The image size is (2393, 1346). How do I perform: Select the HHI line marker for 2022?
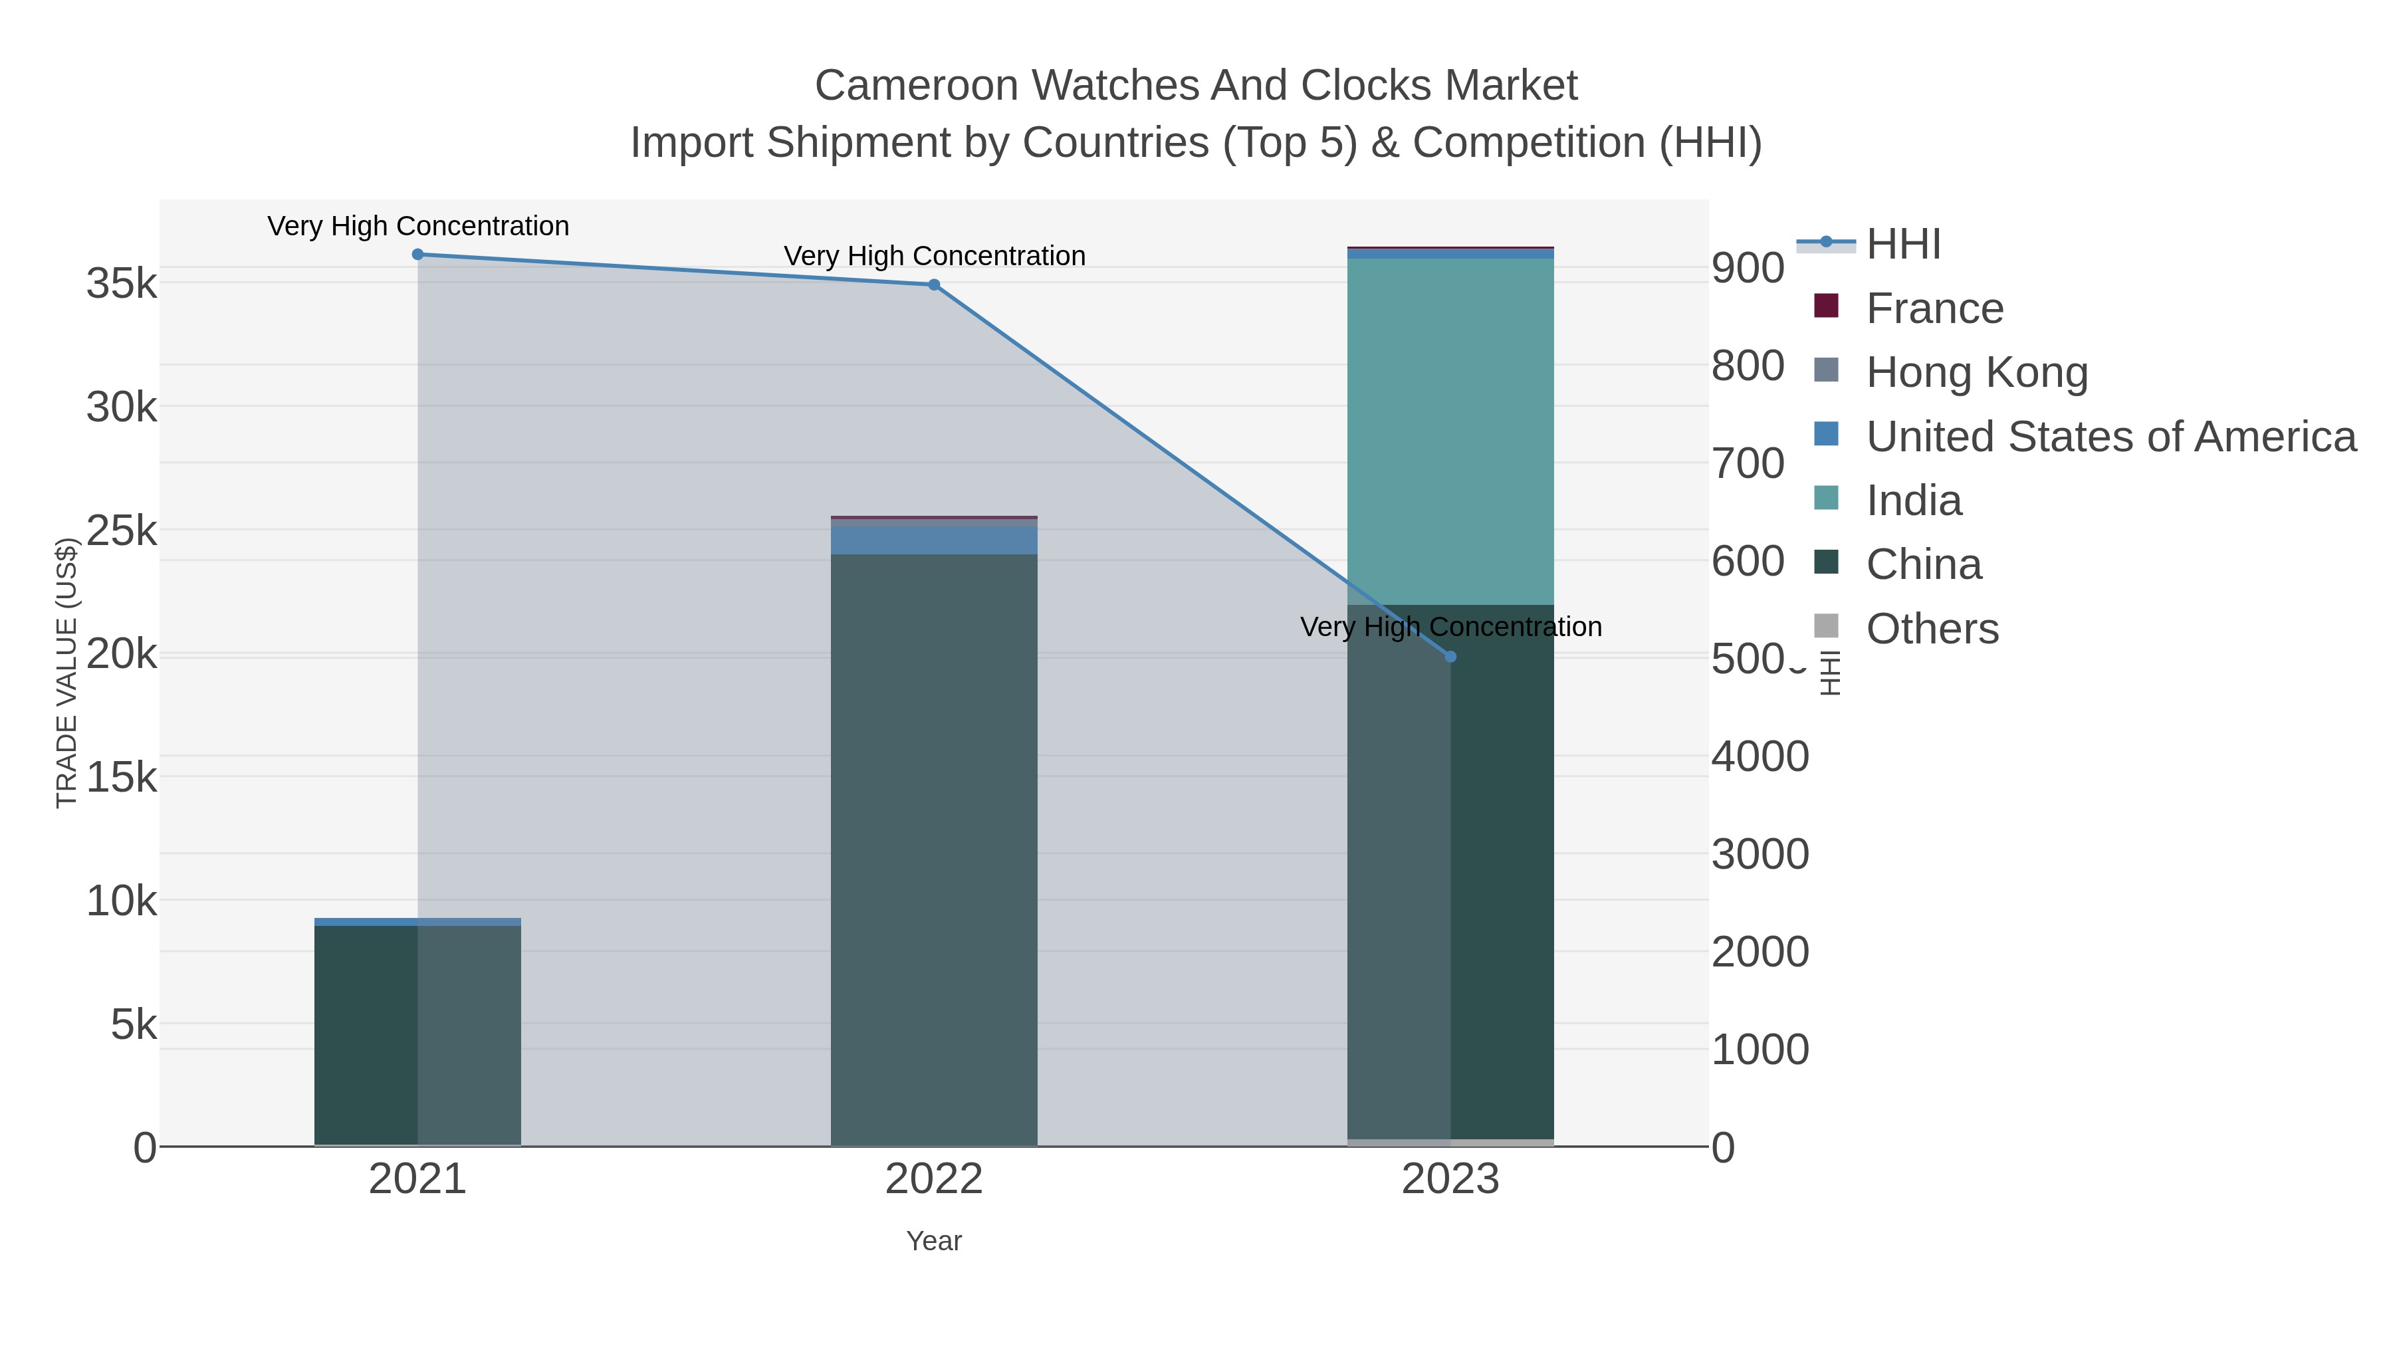tap(934, 285)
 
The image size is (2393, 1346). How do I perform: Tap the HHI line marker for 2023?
tap(1451, 657)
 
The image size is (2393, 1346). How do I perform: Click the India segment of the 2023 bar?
tap(1450, 432)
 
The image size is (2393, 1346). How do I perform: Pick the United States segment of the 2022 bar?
tap(934, 540)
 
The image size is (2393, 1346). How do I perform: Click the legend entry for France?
tap(1934, 308)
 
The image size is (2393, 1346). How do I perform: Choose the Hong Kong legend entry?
tap(1976, 372)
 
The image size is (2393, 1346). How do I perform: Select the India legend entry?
tap(1914, 501)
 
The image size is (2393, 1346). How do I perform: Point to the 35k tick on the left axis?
tap(122, 283)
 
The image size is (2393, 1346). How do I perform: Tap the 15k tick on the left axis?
tap(122, 776)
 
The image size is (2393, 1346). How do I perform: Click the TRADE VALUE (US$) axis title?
tap(67, 673)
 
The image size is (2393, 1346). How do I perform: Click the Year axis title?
tap(934, 1241)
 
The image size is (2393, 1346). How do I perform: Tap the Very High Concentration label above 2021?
tap(418, 227)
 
